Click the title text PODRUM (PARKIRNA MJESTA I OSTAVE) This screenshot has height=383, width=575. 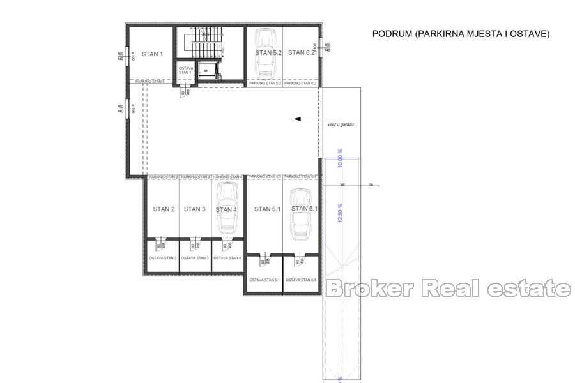point(461,34)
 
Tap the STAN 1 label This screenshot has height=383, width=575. point(153,54)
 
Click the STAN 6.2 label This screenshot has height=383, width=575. point(301,53)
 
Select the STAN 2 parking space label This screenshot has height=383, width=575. point(164,209)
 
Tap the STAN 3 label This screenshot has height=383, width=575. point(194,209)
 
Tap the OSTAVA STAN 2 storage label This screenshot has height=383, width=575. point(162,258)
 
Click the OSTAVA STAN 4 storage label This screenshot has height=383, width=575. point(227,258)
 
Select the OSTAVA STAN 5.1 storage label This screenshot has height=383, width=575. point(264,280)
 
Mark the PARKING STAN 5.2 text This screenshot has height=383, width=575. point(264,84)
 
